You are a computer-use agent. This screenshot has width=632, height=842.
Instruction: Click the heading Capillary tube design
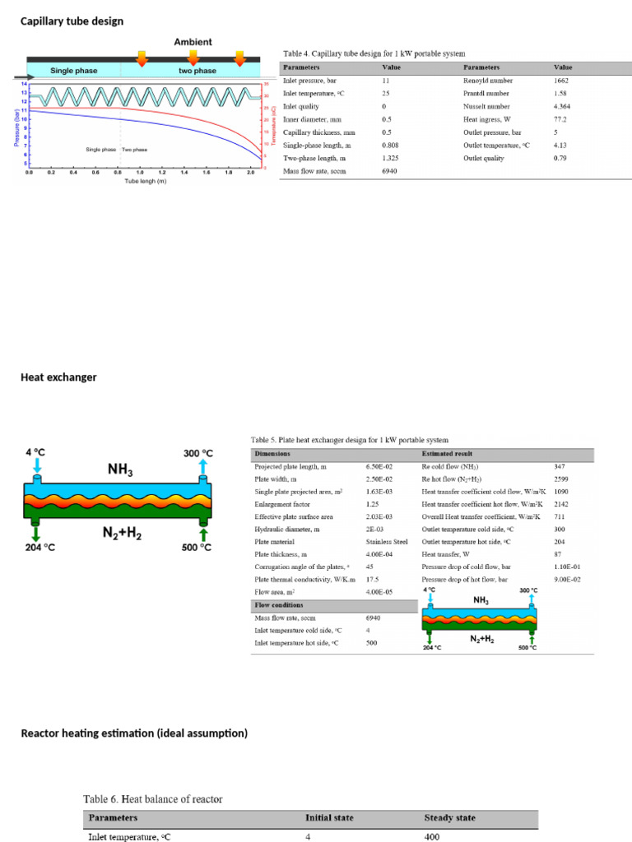pyautogui.click(x=72, y=21)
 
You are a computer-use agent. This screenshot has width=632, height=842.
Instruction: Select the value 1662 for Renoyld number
pyautogui.click(x=564, y=81)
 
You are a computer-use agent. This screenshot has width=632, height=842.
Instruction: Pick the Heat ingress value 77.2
pyautogui.click(x=562, y=119)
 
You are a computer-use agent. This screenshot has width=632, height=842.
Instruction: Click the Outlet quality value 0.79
pyautogui.click(x=562, y=157)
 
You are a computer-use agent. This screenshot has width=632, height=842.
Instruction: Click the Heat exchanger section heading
pyautogui.click(x=58, y=377)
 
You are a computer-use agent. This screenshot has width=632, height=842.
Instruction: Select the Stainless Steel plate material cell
pyautogui.click(x=387, y=542)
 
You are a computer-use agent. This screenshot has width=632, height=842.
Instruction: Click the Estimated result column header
pyautogui.click(x=448, y=454)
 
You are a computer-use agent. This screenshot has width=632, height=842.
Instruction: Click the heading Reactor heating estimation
pyautogui.click(x=133, y=733)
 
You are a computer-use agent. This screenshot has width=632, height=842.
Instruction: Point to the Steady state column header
pyautogui.click(x=449, y=818)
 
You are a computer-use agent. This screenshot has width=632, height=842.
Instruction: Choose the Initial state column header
pyautogui.click(x=329, y=818)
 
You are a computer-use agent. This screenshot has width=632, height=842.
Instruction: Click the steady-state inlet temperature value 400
pyautogui.click(x=433, y=837)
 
